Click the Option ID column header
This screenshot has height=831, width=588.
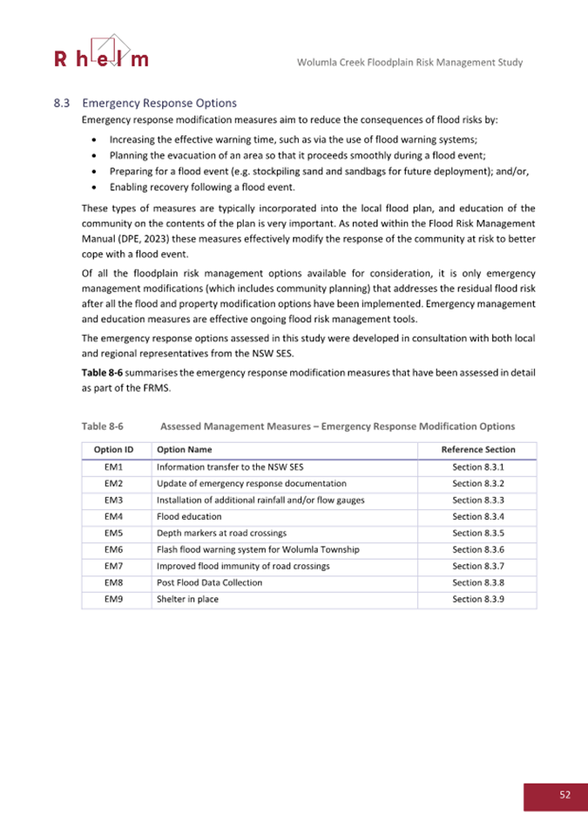tap(116, 450)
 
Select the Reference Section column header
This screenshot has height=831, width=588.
tap(478, 450)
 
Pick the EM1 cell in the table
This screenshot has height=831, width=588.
tap(116, 467)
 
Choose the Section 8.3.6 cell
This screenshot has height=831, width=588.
tap(478, 549)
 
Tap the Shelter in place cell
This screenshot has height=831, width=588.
tap(184, 599)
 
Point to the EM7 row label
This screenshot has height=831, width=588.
tap(116, 566)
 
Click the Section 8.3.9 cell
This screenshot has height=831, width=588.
tap(478, 599)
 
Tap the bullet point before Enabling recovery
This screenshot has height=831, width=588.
tap(94, 187)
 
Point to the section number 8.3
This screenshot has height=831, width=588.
tap(62, 103)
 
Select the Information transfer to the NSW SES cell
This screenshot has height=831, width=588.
tap(221, 467)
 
